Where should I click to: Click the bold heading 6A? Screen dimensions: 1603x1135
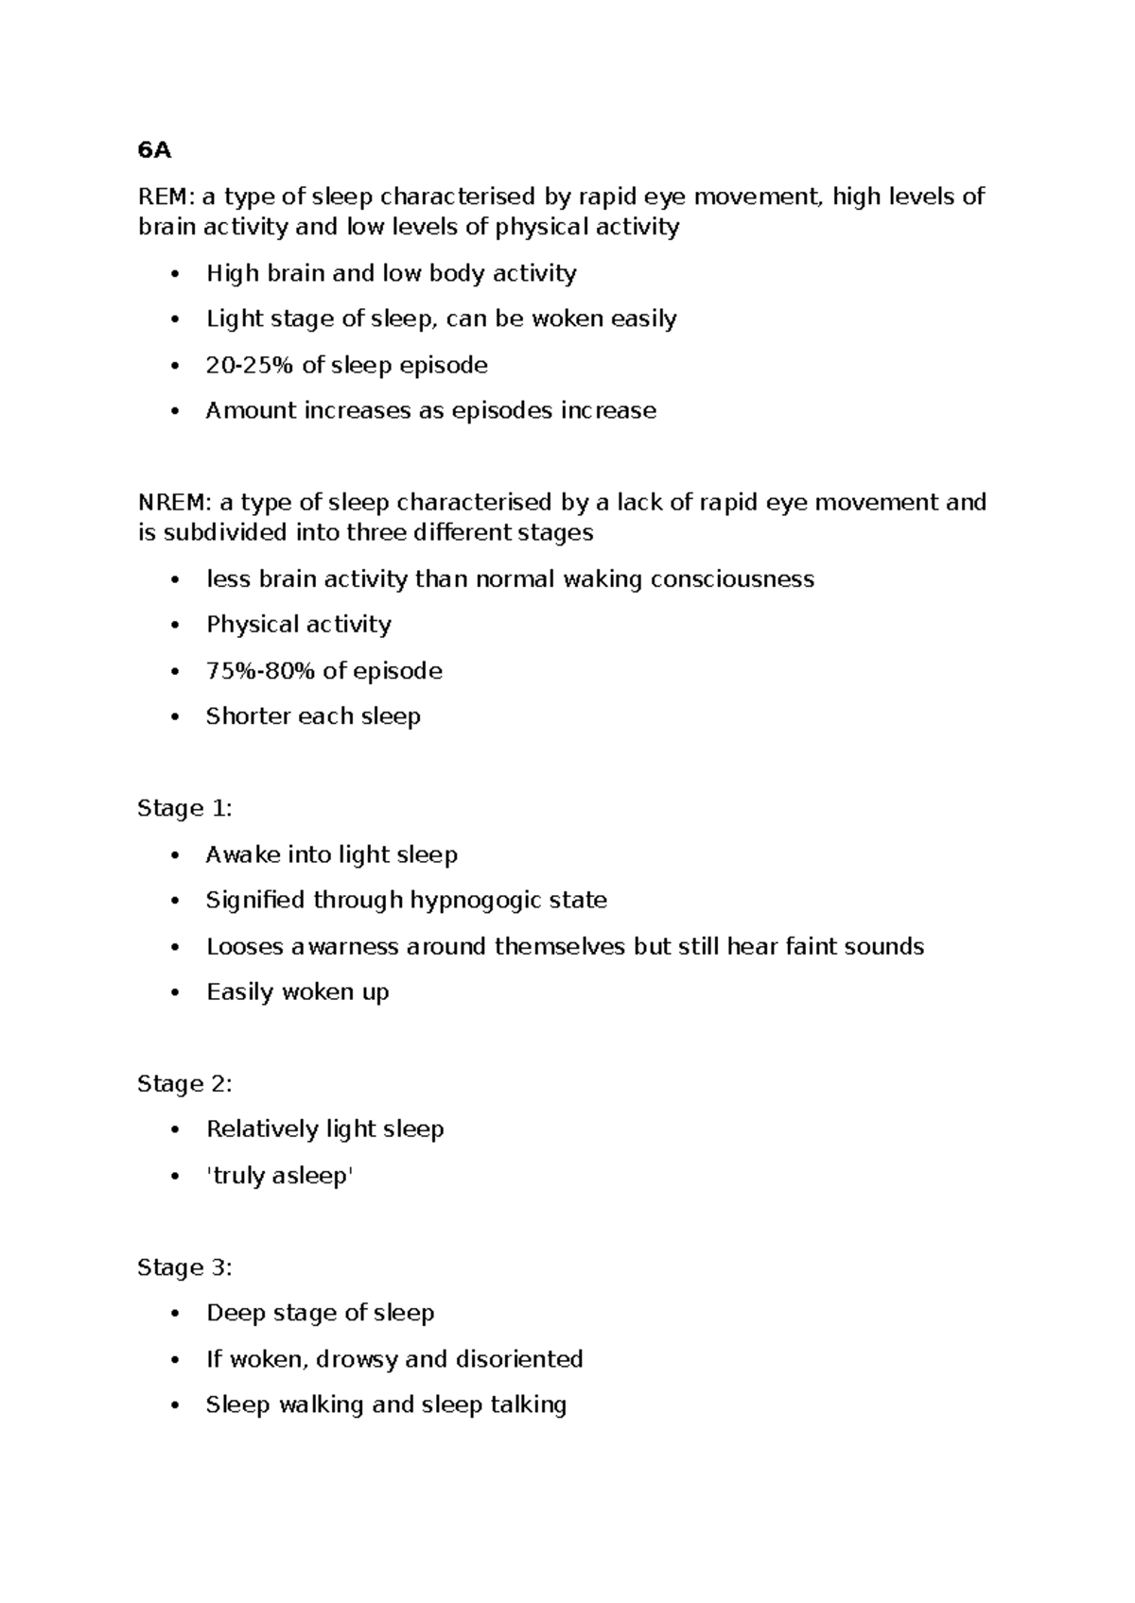pos(154,150)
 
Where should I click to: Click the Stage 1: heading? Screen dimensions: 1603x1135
pos(184,808)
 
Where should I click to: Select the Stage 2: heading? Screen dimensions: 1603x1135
pos(184,1083)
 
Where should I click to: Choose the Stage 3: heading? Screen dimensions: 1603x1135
pos(184,1267)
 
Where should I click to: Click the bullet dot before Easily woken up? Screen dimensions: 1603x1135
pos(174,993)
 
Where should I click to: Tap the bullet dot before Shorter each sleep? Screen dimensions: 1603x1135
pos(174,717)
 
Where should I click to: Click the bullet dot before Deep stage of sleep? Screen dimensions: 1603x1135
pos(174,1314)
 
